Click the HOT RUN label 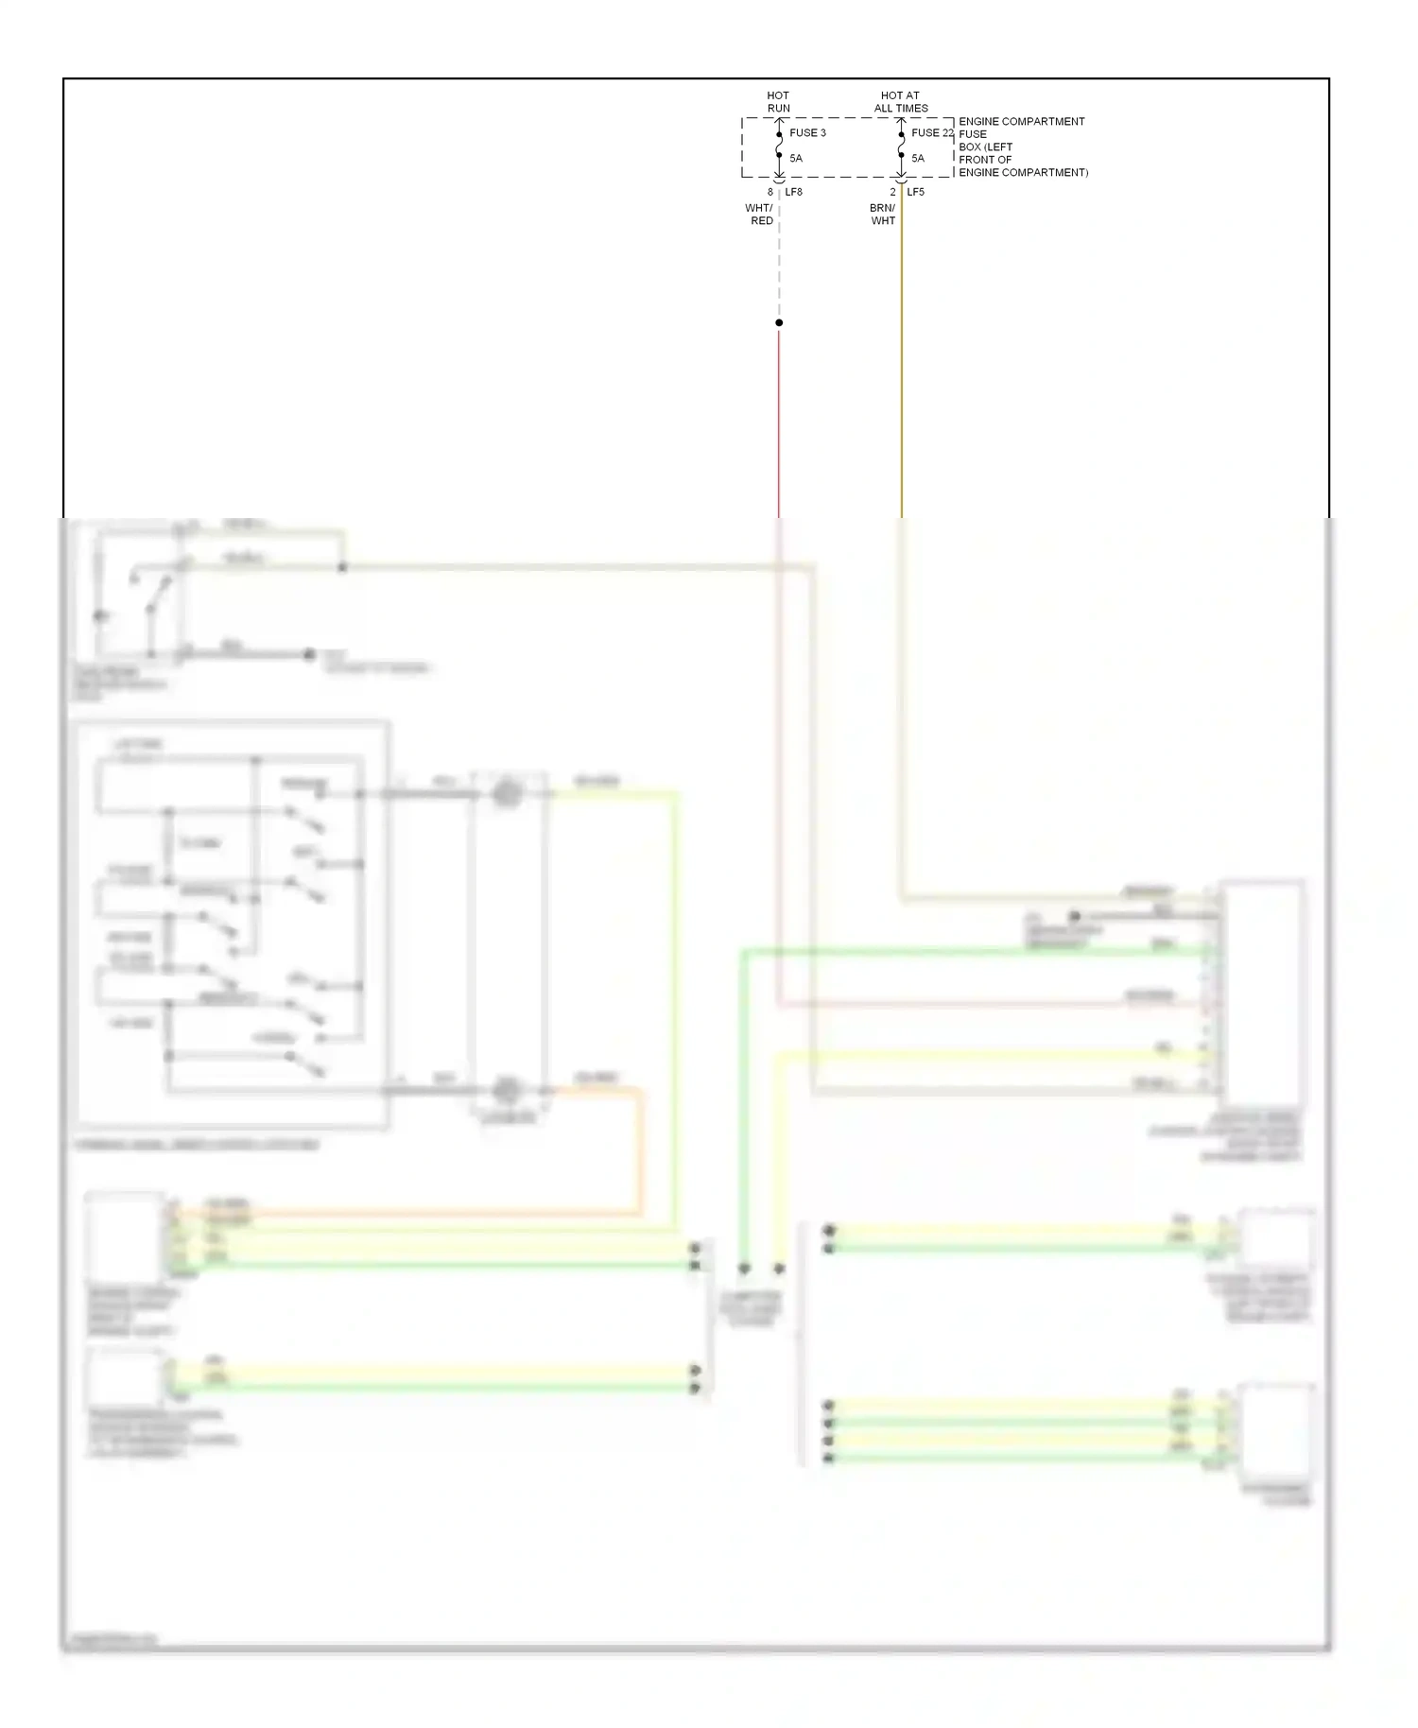click(778, 101)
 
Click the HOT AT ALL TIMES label click(900, 101)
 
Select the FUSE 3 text click(807, 132)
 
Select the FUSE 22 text click(931, 132)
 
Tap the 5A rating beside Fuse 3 click(796, 158)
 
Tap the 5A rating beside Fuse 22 click(918, 158)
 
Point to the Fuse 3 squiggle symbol click(779, 145)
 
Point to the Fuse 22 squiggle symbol click(901, 145)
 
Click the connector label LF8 click(793, 192)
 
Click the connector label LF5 click(915, 192)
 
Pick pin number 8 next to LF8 click(770, 192)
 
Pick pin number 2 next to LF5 click(891, 192)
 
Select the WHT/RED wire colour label click(760, 214)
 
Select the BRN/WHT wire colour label click(882, 214)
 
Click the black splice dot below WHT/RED click(779, 322)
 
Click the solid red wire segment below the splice click(779, 416)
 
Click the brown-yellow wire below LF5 click(901, 359)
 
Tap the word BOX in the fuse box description click(970, 147)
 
